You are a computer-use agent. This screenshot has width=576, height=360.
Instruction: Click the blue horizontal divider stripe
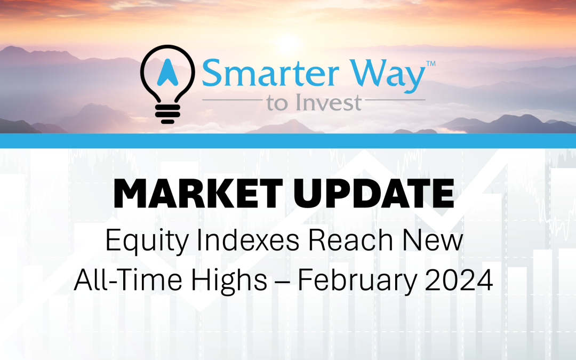pyautogui.click(x=288, y=141)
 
